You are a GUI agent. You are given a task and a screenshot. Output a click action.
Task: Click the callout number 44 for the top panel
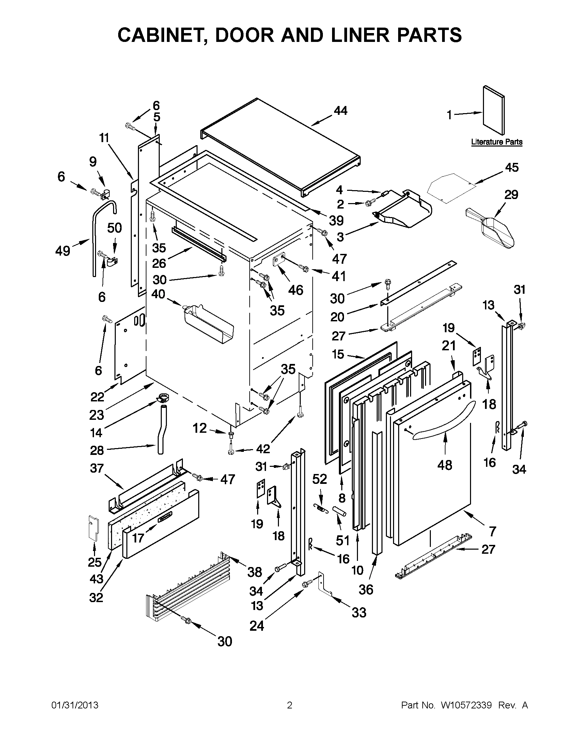[x=341, y=111]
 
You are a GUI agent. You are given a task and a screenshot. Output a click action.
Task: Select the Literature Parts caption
[x=496, y=142]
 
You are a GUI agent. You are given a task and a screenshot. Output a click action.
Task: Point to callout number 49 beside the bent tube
[x=62, y=251]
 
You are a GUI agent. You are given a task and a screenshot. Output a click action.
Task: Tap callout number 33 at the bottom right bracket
[x=359, y=612]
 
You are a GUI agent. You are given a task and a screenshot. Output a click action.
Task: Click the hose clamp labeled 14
[x=163, y=399]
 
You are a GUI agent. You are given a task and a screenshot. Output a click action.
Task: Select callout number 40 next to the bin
[x=158, y=294]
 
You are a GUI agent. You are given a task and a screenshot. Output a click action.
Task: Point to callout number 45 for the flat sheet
[x=511, y=168]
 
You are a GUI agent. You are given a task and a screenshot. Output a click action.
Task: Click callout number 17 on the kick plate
[x=138, y=538]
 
